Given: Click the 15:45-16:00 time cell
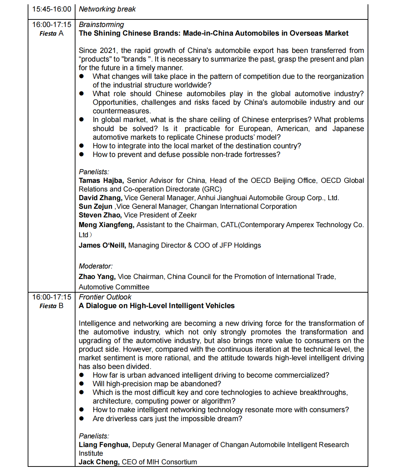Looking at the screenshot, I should pyautogui.click(x=51, y=9).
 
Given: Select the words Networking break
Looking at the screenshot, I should pyautogui.click(x=107, y=9).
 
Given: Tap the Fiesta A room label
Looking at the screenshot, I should pyautogui.click(x=51, y=33).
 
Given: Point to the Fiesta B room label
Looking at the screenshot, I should pyautogui.click(x=51, y=306).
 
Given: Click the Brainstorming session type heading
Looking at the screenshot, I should pyautogui.click(x=101, y=24).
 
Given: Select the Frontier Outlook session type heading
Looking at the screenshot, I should pyautogui.click(x=105, y=297).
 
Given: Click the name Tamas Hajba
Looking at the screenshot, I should pyautogui.click(x=101, y=180).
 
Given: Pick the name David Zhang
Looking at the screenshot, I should pyautogui.click(x=100, y=198).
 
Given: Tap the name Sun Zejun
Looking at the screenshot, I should pyautogui.click(x=96, y=206).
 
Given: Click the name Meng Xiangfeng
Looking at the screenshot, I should pyautogui.click(x=106, y=225).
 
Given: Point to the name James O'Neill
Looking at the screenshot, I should pyautogui.click(x=102, y=245).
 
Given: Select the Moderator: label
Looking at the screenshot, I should pyautogui.click(x=96, y=266).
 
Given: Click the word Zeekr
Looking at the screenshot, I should pyautogui.click(x=188, y=215).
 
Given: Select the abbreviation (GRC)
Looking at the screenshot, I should pyautogui.click(x=212, y=189).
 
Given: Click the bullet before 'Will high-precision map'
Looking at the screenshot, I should pyautogui.click(x=82, y=384).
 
